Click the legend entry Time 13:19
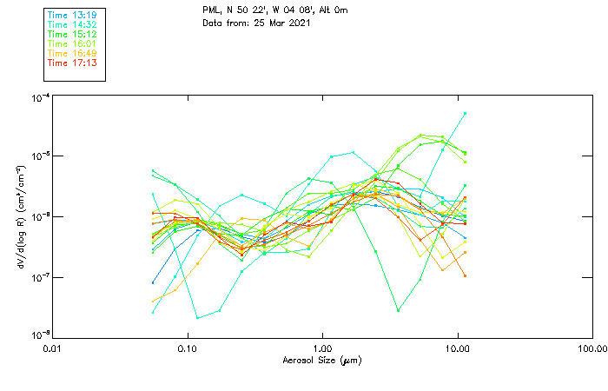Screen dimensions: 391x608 [71, 16]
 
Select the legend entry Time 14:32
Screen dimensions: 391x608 [71, 25]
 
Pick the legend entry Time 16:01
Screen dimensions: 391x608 [71, 44]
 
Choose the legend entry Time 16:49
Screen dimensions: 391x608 [71, 54]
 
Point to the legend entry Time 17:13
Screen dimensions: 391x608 [71, 63]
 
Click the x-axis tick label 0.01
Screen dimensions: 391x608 [53, 348]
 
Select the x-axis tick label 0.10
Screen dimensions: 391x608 [188, 348]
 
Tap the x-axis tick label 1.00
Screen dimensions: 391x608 [323, 348]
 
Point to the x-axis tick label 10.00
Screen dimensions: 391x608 [458, 348]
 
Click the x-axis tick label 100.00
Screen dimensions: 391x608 [592, 348]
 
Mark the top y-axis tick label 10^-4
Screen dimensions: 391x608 [37, 97]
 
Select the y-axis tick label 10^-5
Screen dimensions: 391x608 [37, 156]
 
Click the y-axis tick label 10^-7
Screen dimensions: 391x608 [37, 276]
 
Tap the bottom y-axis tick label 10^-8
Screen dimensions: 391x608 [37, 335]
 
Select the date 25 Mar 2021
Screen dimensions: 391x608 [281, 22]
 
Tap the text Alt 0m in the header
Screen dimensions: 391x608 [329, 10]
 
